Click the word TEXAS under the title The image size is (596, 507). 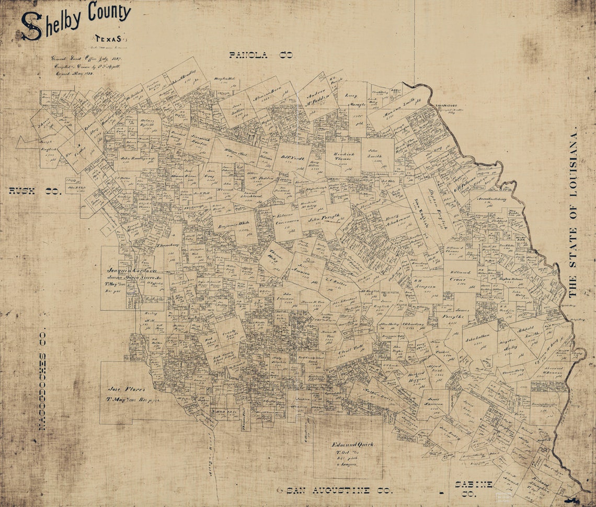pyautogui.click(x=108, y=39)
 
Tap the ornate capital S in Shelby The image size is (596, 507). pyautogui.click(x=31, y=26)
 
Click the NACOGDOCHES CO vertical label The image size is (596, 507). pyautogui.click(x=43, y=379)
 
